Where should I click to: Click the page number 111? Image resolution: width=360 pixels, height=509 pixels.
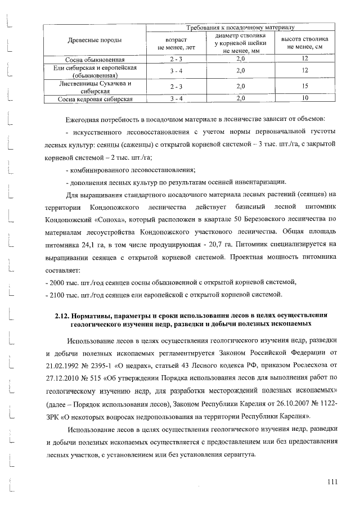332,481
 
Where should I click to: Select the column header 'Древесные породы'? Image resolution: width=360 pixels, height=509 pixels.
91,41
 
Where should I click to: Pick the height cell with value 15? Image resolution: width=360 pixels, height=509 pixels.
305,87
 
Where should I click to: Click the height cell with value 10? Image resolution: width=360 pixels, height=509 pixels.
305,99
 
